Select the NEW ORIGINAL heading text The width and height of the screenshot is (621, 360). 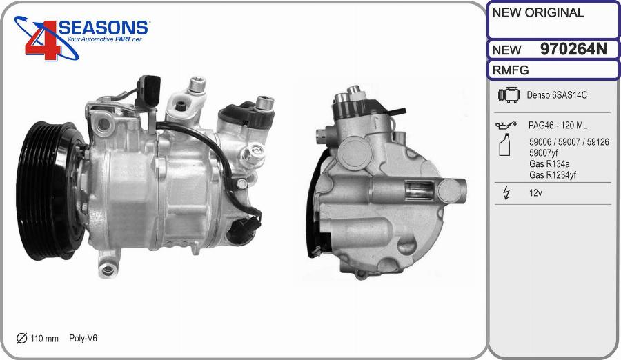538,12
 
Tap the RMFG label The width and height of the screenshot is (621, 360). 511,70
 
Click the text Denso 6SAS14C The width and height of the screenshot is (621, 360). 556,95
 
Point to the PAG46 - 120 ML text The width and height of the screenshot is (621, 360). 558,126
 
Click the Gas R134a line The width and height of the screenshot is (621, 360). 549,164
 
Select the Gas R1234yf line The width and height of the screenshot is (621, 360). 553,175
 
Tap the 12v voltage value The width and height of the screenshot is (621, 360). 535,193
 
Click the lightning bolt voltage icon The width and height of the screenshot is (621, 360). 506,192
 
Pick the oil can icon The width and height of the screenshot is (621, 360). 506,125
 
